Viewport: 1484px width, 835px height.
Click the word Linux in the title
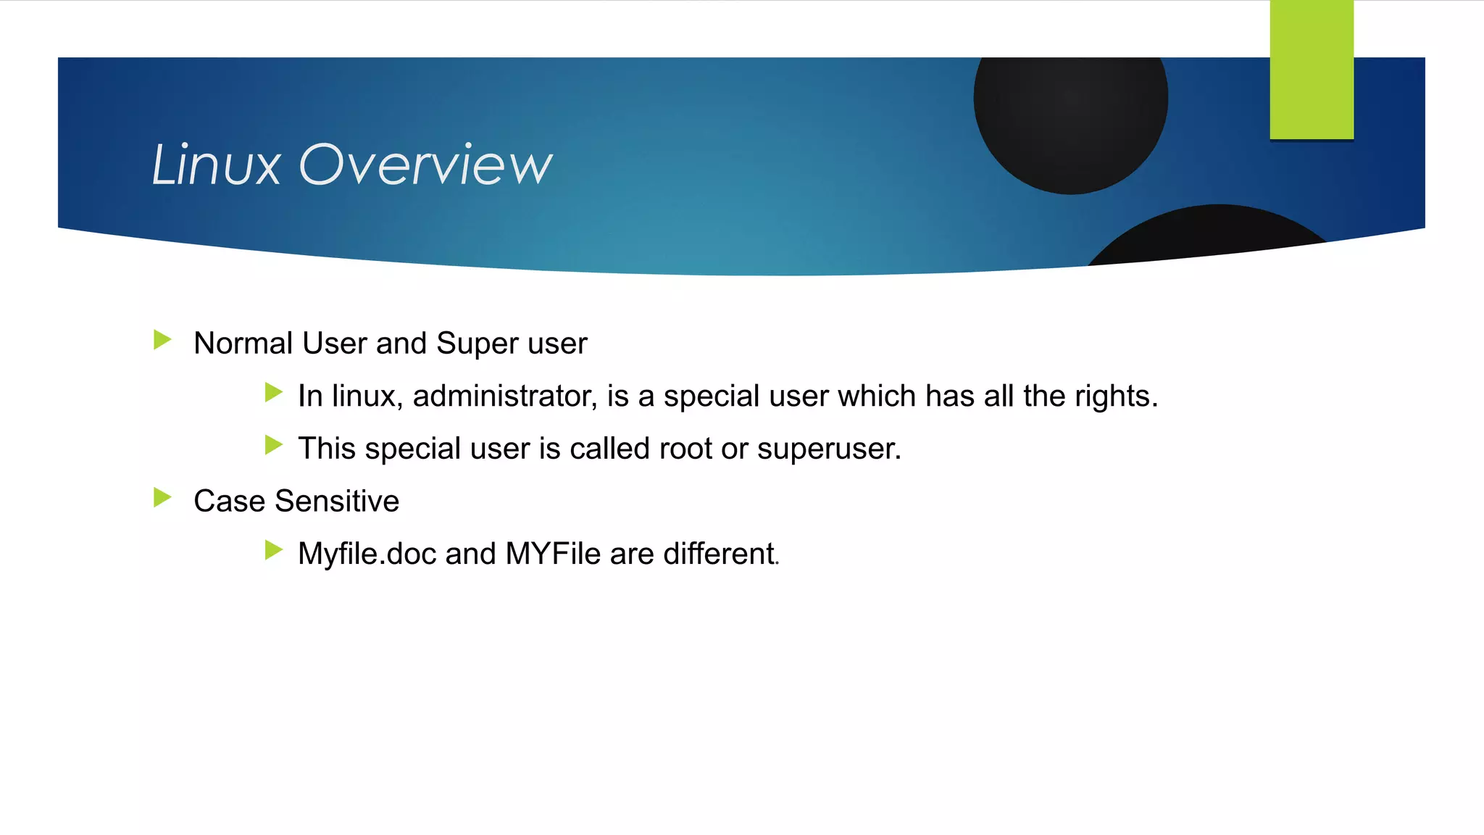tap(216, 165)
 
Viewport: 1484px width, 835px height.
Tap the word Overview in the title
tap(425, 165)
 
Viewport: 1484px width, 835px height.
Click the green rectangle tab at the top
tap(1311, 70)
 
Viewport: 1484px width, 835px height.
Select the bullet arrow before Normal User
tap(162, 340)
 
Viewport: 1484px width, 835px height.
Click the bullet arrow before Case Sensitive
tap(162, 498)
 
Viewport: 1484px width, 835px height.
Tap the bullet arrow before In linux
tap(273, 393)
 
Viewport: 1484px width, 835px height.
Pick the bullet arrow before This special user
tap(273, 445)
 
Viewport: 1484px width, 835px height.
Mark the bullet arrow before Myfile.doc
tap(273, 550)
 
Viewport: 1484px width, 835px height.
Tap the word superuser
tap(829, 449)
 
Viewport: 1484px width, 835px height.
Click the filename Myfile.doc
tap(367, 554)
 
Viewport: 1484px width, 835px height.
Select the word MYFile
tap(553, 554)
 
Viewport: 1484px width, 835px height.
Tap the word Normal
tap(243, 344)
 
